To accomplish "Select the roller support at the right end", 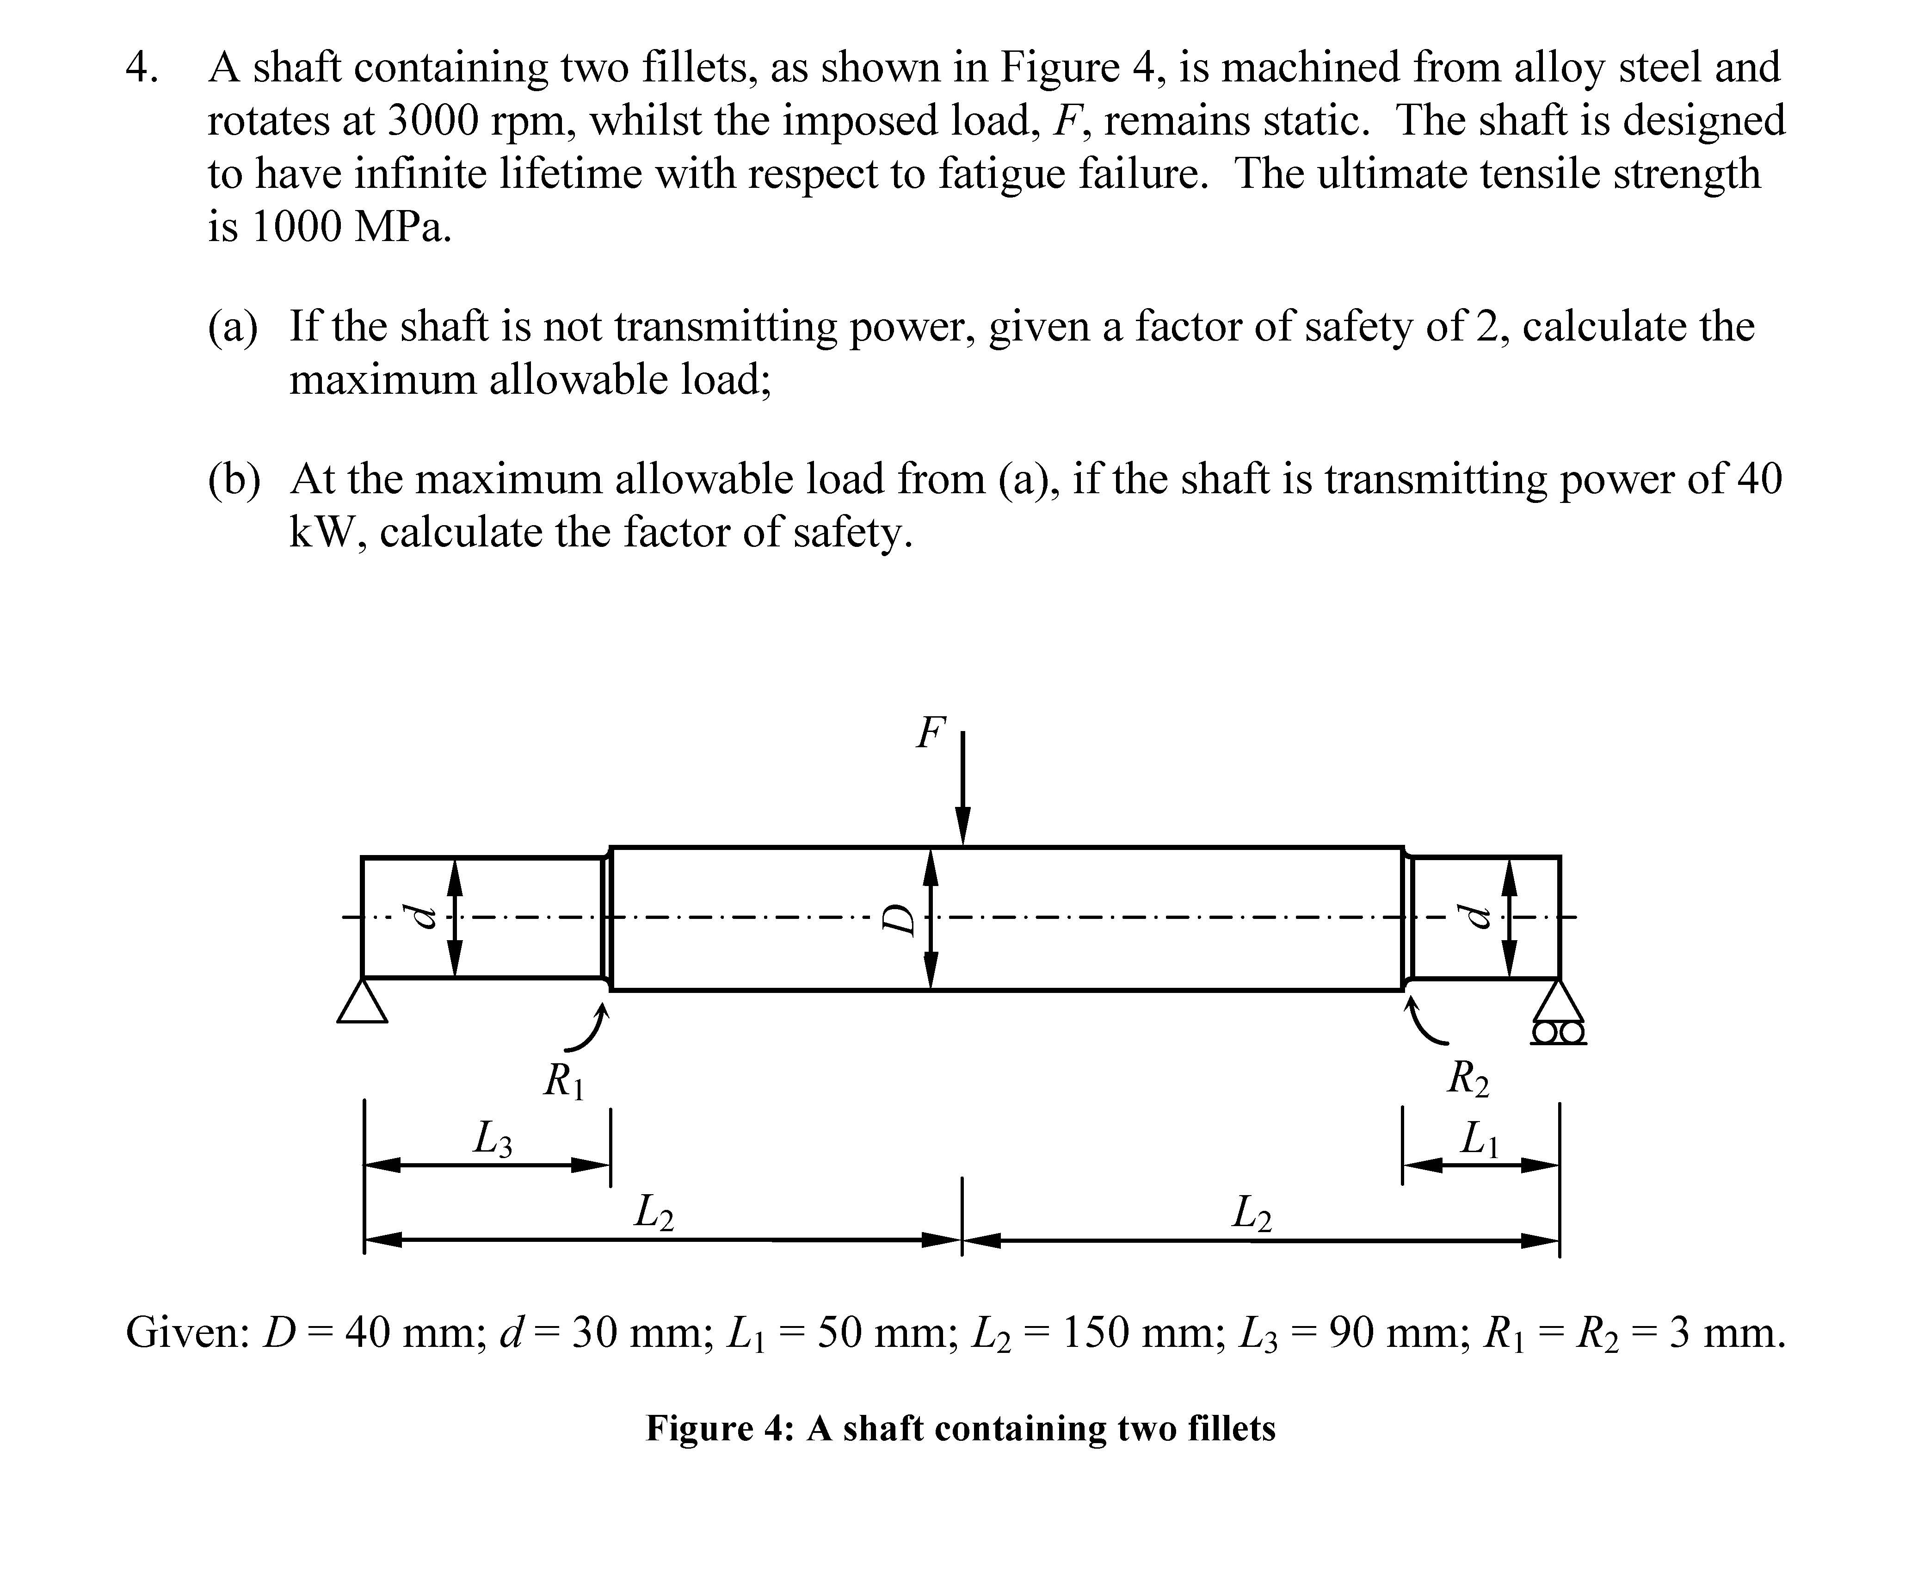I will (x=1558, y=1013).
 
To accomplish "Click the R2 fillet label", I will (x=1468, y=1079).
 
